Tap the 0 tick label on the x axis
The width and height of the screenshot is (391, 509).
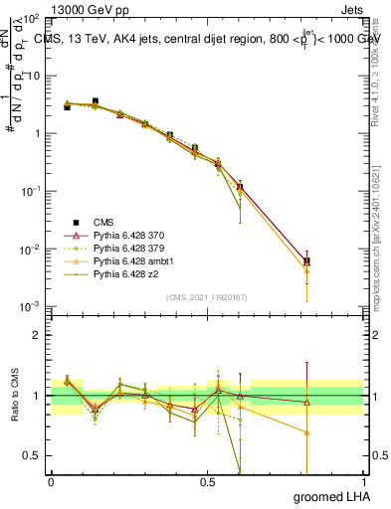click(51, 483)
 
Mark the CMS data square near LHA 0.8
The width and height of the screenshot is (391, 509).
click(306, 261)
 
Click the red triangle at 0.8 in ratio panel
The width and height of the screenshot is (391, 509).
click(306, 403)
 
